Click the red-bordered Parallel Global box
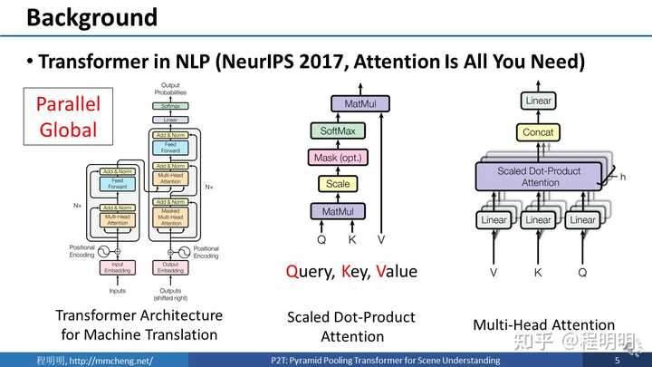click(x=67, y=117)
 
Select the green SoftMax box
click(x=338, y=131)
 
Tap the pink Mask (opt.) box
click(x=338, y=158)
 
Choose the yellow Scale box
click(x=338, y=184)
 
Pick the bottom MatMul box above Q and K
click(x=338, y=211)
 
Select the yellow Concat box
click(x=538, y=132)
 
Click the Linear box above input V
click(x=494, y=219)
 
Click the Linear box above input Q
click(x=582, y=219)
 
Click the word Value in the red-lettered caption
click(x=395, y=271)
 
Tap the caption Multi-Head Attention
click(x=543, y=324)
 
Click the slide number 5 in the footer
click(x=617, y=360)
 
